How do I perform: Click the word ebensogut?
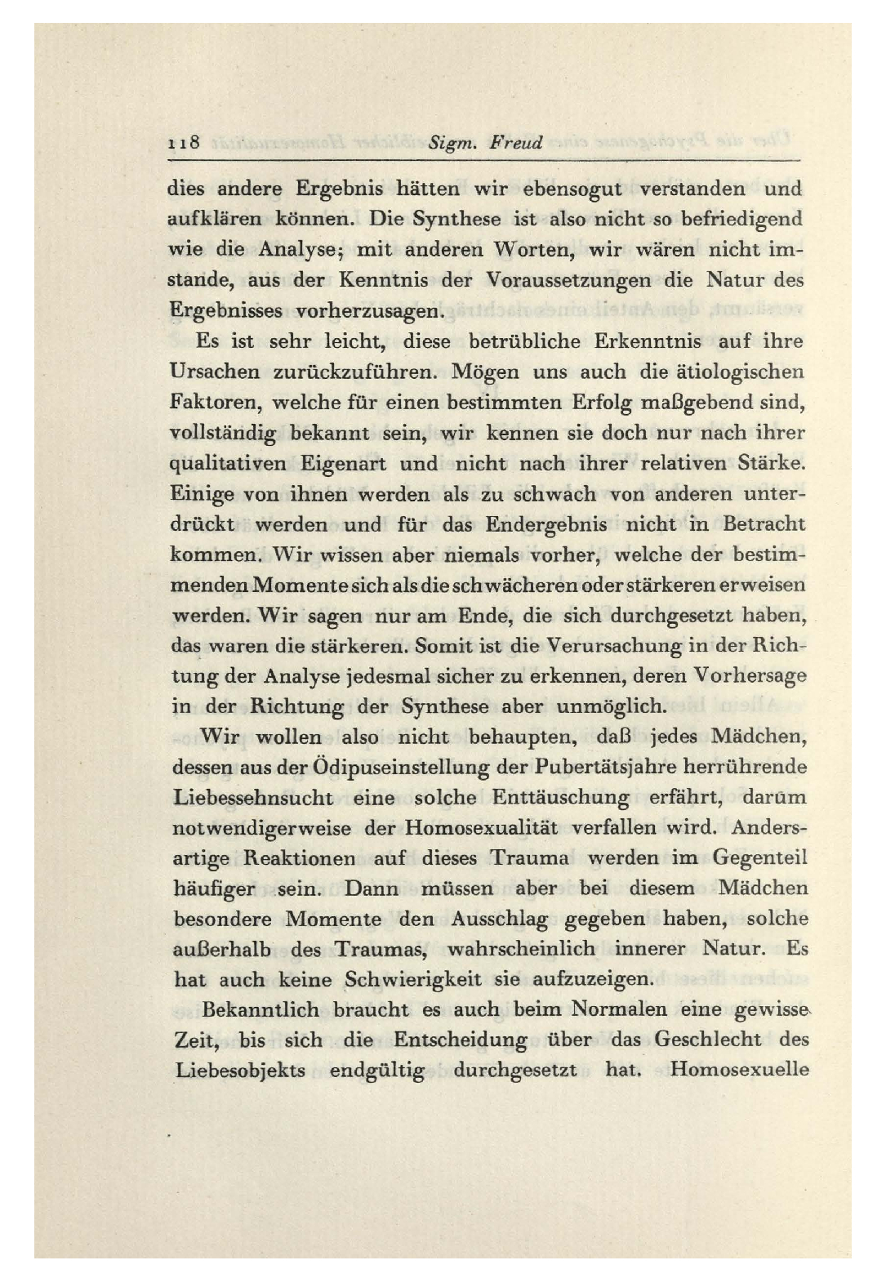(x=572, y=189)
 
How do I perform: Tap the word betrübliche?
(x=524, y=341)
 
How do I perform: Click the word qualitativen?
(x=228, y=464)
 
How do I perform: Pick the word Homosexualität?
(x=481, y=827)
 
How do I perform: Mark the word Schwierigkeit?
(x=412, y=978)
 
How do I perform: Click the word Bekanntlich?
(x=260, y=1009)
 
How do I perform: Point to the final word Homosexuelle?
(x=739, y=1070)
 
